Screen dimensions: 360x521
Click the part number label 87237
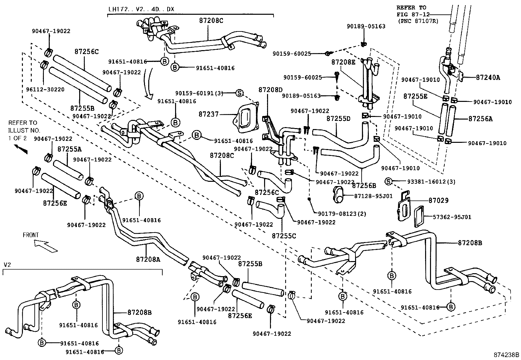coord(208,114)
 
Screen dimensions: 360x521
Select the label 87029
coord(438,200)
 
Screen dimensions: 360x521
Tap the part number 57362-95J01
coord(452,217)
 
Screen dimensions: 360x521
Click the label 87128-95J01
coord(373,196)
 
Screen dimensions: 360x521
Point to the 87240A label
coord(488,77)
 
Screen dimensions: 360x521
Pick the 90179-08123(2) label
coord(342,214)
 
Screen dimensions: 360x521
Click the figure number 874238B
coord(507,355)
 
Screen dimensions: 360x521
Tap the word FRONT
coord(30,235)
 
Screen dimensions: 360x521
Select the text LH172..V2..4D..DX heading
coord(141,9)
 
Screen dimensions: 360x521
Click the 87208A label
coord(148,259)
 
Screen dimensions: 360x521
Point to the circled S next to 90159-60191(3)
coord(240,93)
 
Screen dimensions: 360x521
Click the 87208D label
coord(270,89)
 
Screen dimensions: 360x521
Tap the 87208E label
coord(343,62)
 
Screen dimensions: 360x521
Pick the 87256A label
coord(480,119)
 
